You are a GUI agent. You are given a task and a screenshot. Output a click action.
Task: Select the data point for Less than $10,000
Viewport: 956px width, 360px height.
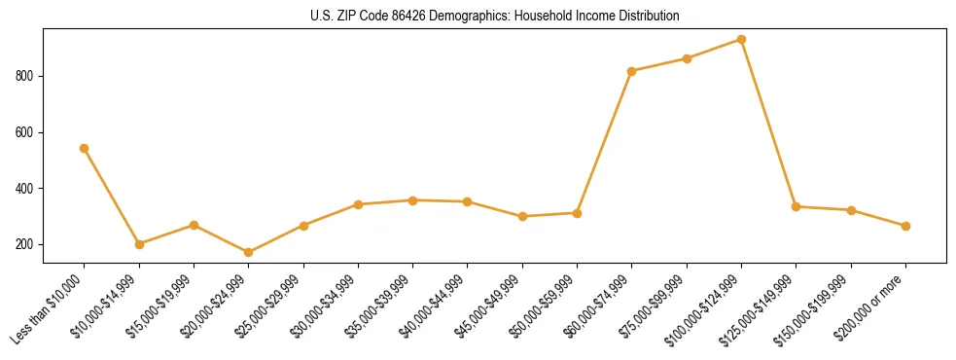pyautogui.click(x=85, y=148)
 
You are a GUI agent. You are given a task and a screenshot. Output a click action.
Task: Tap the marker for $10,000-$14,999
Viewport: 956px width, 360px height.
pyautogui.click(x=139, y=244)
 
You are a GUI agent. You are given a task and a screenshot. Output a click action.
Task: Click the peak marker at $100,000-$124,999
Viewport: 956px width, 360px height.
pyautogui.click(x=741, y=40)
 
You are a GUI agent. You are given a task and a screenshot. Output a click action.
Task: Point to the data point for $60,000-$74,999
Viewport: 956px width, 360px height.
pyautogui.click(x=632, y=71)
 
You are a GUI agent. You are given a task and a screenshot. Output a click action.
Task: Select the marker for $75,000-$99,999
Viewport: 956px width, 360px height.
pyautogui.click(x=687, y=58)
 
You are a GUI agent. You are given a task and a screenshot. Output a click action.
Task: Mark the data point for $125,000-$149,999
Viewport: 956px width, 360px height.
pyautogui.click(x=797, y=206)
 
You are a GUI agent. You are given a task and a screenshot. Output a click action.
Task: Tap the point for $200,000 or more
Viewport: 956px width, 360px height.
pyautogui.click(x=905, y=226)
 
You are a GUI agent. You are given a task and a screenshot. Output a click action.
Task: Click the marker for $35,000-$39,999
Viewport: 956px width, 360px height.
pyautogui.click(x=413, y=200)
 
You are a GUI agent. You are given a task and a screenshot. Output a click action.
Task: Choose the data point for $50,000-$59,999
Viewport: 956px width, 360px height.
pyautogui.click(x=577, y=213)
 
